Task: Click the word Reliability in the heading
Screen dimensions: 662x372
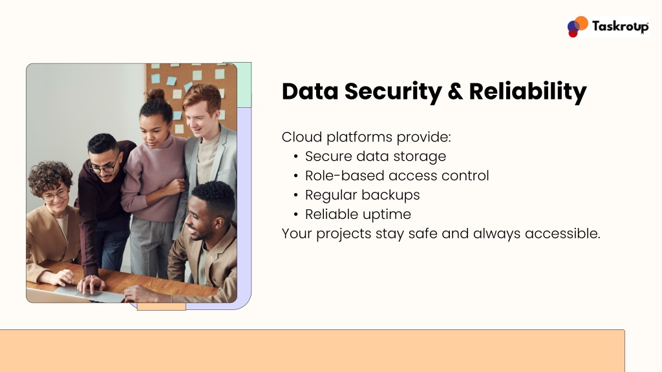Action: pyautogui.click(x=528, y=92)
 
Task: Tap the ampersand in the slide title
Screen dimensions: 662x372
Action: pyautogui.click(x=455, y=92)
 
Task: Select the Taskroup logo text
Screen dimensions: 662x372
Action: pyautogui.click(x=620, y=26)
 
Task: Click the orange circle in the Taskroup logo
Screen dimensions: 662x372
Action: pyautogui.click(x=581, y=23)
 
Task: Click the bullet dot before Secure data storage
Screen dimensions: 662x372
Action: pyautogui.click(x=295, y=157)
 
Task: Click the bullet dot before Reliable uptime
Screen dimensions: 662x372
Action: pyautogui.click(x=295, y=214)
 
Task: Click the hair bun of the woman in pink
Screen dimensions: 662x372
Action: pyautogui.click(x=155, y=94)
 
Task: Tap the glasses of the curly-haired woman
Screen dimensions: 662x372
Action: pyautogui.click(x=55, y=195)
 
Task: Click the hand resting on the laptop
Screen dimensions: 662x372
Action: pyautogui.click(x=91, y=284)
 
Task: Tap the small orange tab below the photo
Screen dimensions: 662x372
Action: pyautogui.click(x=161, y=307)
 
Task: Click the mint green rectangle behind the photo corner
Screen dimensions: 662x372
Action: pyautogui.click(x=244, y=85)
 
